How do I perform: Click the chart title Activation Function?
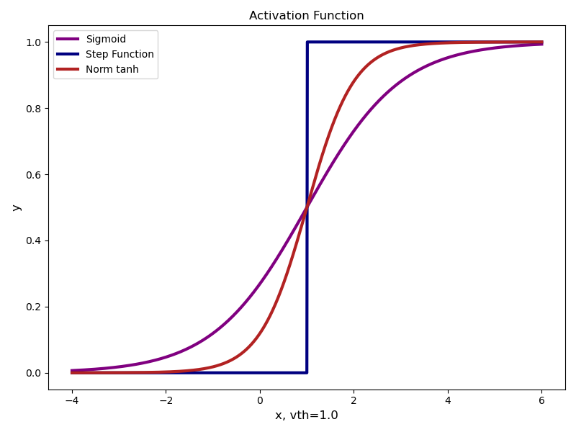[306, 16]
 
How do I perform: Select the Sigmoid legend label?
[106, 39]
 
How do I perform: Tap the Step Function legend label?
[120, 54]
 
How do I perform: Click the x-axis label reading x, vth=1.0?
[306, 415]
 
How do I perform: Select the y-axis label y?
[17, 207]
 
